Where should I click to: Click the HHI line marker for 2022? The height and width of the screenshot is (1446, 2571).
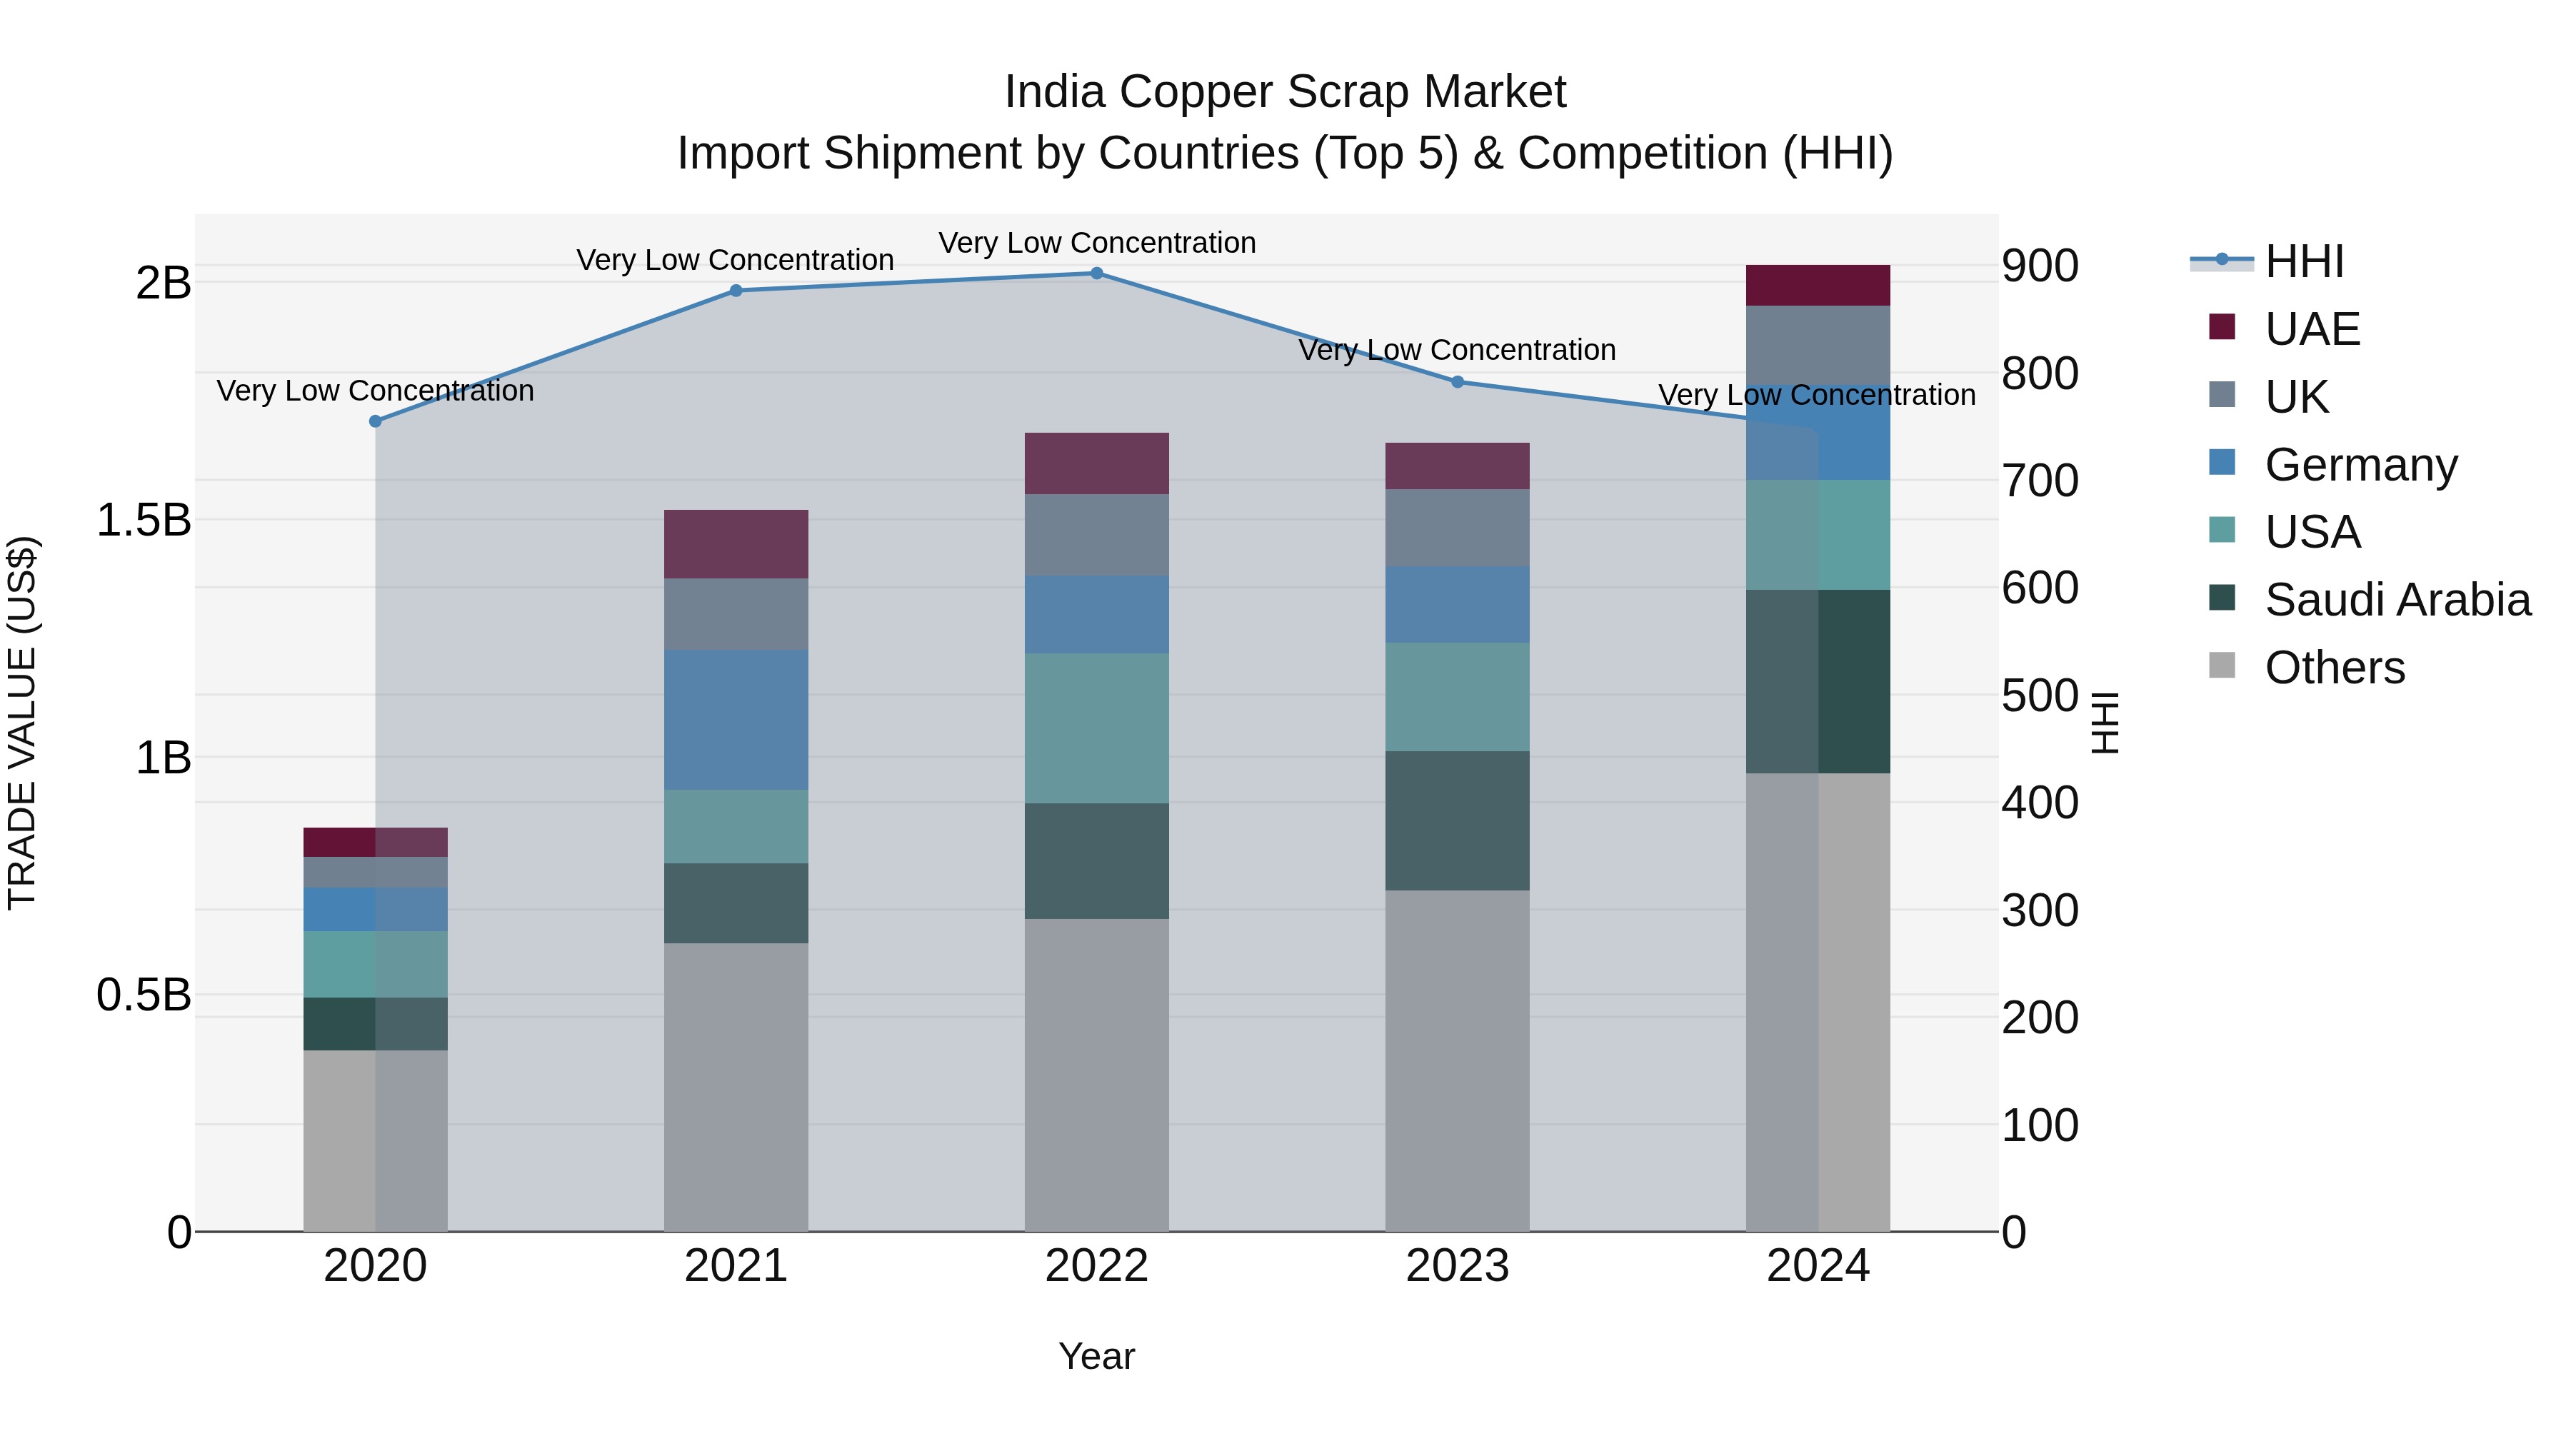[1096, 273]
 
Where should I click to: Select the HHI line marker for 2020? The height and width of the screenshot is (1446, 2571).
[375, 421]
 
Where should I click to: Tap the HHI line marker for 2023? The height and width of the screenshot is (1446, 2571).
[1457, 382]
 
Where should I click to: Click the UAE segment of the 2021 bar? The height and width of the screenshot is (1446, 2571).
[736, 544]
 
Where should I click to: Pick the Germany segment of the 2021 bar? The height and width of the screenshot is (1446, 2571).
[736, 720]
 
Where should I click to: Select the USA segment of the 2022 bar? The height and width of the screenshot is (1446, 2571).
[1096, 728]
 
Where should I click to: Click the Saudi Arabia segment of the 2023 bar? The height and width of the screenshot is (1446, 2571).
[1457, 820]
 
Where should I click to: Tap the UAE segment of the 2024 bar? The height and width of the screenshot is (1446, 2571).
[1818, 286]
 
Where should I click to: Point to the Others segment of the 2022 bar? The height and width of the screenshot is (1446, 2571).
[1096, 1074]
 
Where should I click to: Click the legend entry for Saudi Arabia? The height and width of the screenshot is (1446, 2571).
[2396, 600]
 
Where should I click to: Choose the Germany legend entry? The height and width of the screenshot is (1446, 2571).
[2360, 465]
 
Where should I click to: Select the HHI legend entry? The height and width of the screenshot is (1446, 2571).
[2302, 261]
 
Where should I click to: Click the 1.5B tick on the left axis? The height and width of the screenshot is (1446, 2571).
[144, 520]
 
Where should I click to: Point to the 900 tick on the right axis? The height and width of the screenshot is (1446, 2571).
[2040, 266]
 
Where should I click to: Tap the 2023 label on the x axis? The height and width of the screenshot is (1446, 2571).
[1457, 1266]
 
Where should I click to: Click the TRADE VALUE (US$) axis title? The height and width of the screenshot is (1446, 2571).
[22, 723]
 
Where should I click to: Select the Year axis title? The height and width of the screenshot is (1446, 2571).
[1096, 1356]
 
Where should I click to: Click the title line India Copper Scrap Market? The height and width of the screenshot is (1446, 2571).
[1285, 92]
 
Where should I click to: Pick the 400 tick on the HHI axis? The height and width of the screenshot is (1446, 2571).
[2040, 803]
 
